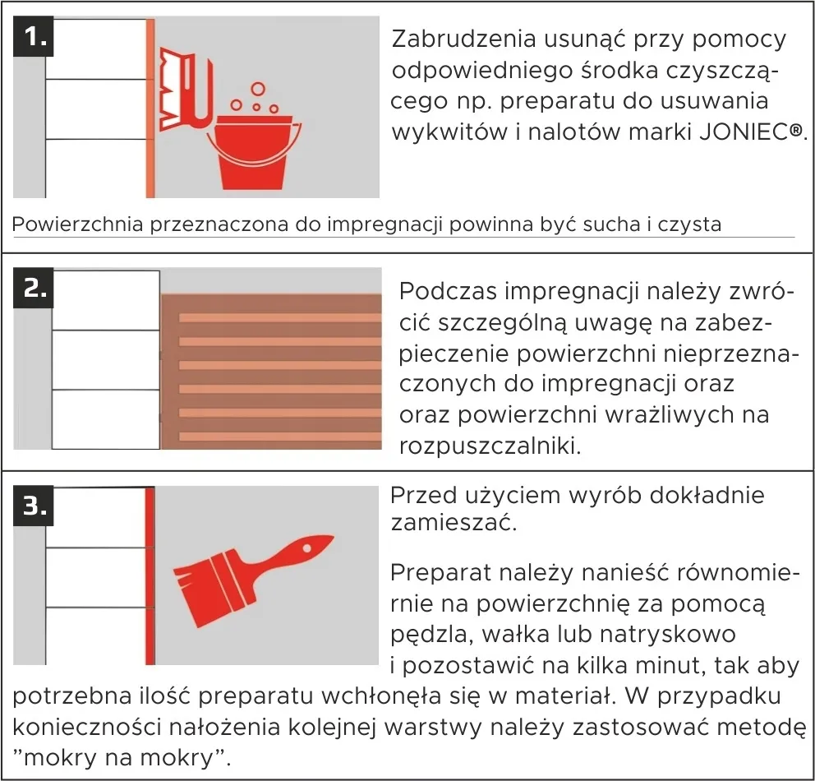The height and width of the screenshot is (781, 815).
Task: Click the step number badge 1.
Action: [34, 37]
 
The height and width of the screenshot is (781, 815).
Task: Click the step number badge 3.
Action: [34, 506]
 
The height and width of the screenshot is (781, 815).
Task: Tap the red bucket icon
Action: [258, 153]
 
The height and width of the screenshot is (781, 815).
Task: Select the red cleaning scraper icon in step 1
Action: [186, 82]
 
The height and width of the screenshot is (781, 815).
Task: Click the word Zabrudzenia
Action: [461, 39]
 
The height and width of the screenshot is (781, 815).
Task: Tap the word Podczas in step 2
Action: [447, 292]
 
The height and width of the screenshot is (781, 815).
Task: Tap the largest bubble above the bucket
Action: [258, 89]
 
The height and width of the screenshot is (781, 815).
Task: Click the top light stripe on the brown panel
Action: [279, 317]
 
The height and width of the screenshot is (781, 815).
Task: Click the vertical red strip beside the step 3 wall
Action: [150, 575]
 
